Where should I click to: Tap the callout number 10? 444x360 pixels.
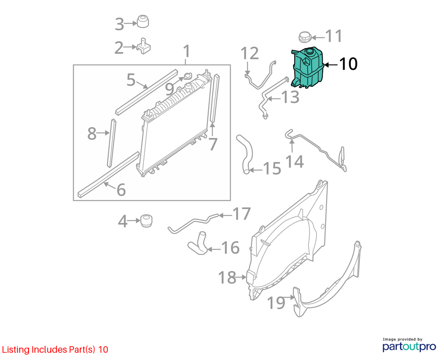pyautogui.click(x=348, y=64)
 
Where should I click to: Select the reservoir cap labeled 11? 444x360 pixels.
pyautogui.click(x=305, y=37)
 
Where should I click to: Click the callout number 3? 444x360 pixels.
pyautogui.click(x=120, y=24)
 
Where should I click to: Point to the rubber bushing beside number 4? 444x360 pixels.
pyautogui.click(x=147, y=221)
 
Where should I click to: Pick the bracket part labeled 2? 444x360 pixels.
pyautogui.click(x=144, y=46)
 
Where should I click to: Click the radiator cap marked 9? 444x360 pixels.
pyautogui.click(x=188, y=76)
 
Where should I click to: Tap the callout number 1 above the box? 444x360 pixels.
pyautogui.click(x=186, y=51)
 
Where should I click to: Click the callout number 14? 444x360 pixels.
pyautogui.click(x=294, y=161)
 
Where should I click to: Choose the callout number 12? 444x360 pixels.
pyautogui.click(x=250, y=53)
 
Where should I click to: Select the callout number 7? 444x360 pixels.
pyautogui.click(x=213, y=144)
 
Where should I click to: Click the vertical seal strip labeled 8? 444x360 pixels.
pyautogui.click(x=111, y=143)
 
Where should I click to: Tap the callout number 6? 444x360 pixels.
pyautogui.click(x=121, y=190)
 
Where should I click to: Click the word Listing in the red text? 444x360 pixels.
pyautogui.click(x=16, y=350)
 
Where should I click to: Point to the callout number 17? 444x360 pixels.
pyautogui.click(x=242, y=214)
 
